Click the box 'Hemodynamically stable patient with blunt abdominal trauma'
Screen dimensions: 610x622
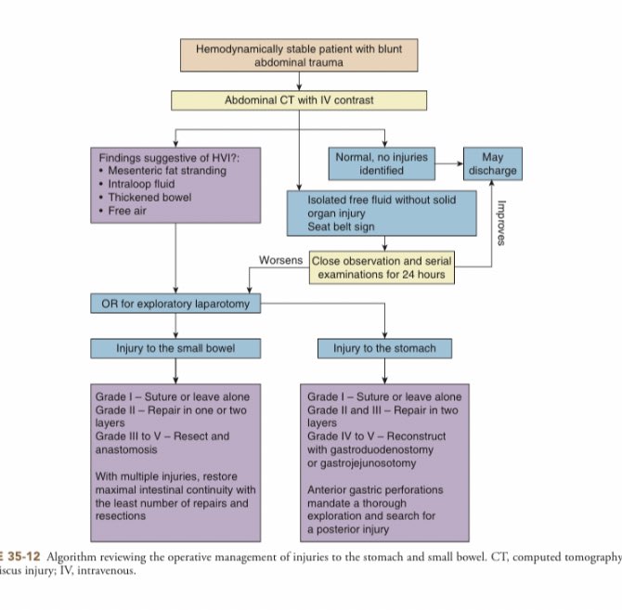pos(299,56)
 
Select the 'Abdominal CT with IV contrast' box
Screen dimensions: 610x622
pos(299,99)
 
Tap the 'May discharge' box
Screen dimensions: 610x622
pos(492,164)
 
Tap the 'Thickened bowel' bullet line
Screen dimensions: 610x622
pos(142,197)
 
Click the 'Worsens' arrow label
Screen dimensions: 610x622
pos(280,261)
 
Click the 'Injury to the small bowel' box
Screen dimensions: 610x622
pos(175,349)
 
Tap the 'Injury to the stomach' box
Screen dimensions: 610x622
pos(384,349)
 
